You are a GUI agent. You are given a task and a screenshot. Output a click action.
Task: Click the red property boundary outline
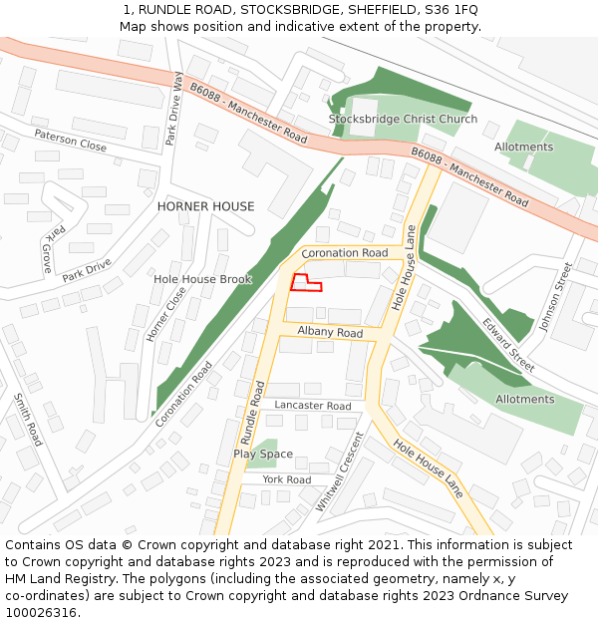click(305, 283)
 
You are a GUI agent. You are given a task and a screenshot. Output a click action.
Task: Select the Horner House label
click(205, 206)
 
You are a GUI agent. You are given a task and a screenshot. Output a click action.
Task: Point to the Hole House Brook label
click(202, 279)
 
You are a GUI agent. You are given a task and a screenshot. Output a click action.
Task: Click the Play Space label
click(263, 454)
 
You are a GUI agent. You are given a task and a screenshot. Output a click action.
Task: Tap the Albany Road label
click(330, 331)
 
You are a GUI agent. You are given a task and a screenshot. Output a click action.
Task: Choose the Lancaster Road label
click(313, 406)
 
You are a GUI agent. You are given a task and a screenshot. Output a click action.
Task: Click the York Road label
click(287, 479)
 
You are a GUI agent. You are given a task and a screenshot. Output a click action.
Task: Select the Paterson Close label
click(70, 141)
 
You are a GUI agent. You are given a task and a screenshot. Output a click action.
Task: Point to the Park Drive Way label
click(172, 109)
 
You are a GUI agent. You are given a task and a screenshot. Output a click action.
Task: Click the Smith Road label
click(28, 419)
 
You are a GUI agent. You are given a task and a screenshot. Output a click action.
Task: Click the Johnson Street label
click(555, 296)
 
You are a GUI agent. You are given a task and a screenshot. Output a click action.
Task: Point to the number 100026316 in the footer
click(41, 612)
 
